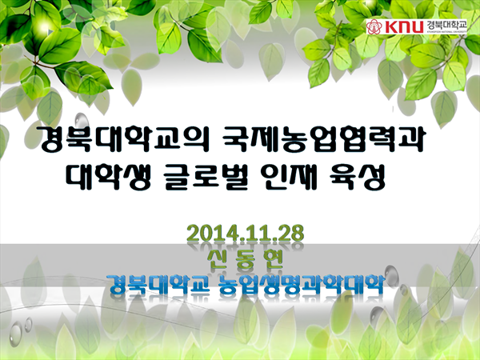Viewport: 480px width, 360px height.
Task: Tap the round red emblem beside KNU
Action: pyautogui.click(x=374, y=26)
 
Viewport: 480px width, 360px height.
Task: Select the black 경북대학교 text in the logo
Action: pyautogui.click(x=446, y=25)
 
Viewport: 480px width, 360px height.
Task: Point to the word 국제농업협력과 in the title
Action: pyautogui.click(x=322, y=139)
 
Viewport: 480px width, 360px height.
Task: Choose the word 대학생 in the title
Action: pyautogui.click(x=109, y=176)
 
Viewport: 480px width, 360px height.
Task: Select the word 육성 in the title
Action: pyautogui.click(x=358, y=176)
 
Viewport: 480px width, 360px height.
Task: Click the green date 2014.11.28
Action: pyautogui.click(x=246, y=234)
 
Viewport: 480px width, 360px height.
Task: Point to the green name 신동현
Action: pyautogui.click(x=246, y=260)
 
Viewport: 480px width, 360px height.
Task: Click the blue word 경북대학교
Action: pyautogui.click(x=159, y=284)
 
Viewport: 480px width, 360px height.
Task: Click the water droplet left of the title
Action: pyautogui.click(x=81, y=120)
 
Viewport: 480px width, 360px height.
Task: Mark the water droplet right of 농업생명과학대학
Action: pyautogui.click(x=391, y=273)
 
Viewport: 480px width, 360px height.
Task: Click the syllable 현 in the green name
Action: pyautogui.click(x=272, y=260)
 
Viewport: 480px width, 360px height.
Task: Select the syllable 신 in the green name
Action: pyautogui.click(x=218, y=260)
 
